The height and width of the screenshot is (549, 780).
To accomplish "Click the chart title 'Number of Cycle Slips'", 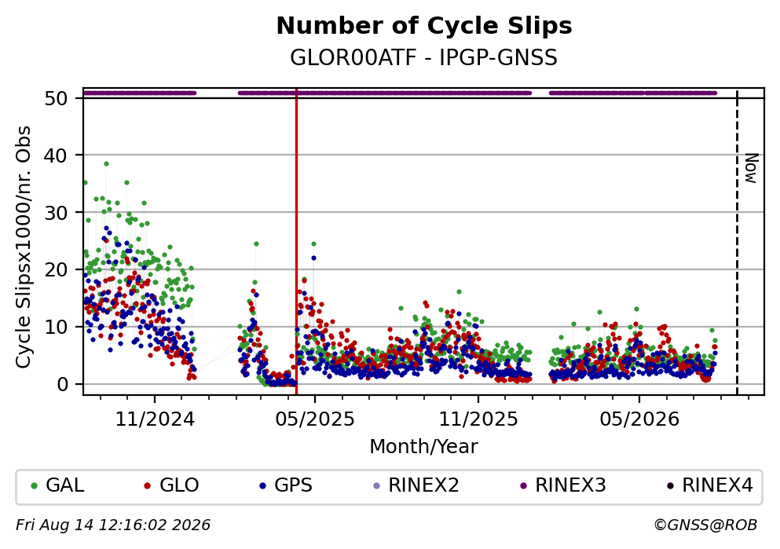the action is click(x=424, y=26).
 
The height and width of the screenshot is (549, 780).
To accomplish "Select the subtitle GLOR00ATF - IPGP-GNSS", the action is click(x=424, y=58).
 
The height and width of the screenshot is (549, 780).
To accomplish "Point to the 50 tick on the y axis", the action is click(x=56, y=98).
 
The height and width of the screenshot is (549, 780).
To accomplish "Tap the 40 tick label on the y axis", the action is click(x=56, y=156).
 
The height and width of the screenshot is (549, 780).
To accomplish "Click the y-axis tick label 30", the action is click(x=56, y=213).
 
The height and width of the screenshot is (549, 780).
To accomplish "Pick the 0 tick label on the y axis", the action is click(x=62, y=384).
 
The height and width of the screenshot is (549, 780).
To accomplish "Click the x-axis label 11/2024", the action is click(x=155, y=419).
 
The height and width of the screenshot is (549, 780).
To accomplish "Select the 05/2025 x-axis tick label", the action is click(x=315, y=419).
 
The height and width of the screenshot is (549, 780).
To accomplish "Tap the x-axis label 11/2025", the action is click(x=478, y=419).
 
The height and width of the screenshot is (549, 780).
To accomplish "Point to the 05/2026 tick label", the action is click(x=639, y=419).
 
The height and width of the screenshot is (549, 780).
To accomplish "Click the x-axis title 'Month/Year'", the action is click(x=424, y=447).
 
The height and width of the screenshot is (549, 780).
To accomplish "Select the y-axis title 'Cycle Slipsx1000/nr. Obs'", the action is click(x=24, y=247).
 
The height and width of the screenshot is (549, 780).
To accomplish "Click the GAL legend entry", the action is click(x=57, y=485).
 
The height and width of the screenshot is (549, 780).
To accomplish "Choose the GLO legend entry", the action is click(x=171, y=485).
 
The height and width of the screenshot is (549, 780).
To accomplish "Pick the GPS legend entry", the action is click(x=286, y=485).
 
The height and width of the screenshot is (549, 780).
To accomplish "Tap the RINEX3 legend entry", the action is click(x=562, y=485).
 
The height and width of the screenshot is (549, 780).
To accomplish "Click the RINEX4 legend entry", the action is click(x=709, y=485).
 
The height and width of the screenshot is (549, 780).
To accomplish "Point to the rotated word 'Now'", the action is click(x=751, y=168).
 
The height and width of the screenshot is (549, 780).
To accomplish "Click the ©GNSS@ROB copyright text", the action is click(x=705, y=525).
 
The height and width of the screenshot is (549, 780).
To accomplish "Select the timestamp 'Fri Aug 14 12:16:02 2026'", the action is click(x=113, y=525).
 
